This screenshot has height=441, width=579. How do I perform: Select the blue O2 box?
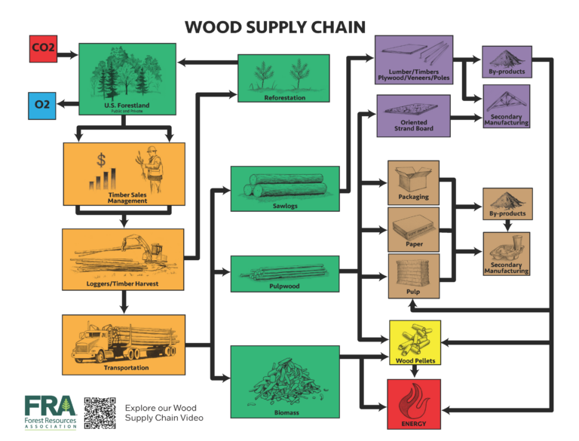pyautogui.click(x=43, y=105)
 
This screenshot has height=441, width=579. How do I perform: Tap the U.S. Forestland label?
pyautogui.click(x=127, y=106)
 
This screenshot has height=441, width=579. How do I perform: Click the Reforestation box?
pyautogui.click(x=283, y=78)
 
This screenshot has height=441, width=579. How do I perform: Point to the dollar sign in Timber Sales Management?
pyautogui.click(x=100, y=160)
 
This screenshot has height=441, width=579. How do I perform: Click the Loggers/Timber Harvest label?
pyautogui.click(x=123, y=285)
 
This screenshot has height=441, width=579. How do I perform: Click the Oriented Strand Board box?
pyautogui.click(x=413, y=116)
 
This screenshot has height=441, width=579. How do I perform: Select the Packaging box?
pyautogui.click(x=413, y=182)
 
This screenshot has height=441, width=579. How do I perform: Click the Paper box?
pyautogui.click(x=413, y=229)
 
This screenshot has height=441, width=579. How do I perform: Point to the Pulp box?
pyautogui.click(x=413, y=276)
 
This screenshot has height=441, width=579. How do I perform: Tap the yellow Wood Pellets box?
pyautogui.click(x=415, y=342)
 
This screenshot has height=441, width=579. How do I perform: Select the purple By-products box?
pyautogui.click(x=507, y=62)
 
